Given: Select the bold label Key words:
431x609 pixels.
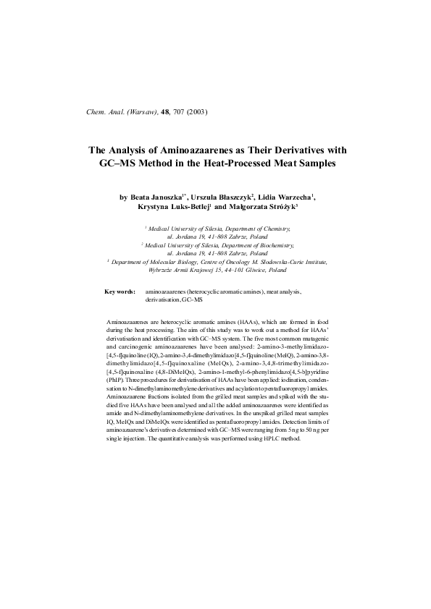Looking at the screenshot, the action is tap(120, 291).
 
